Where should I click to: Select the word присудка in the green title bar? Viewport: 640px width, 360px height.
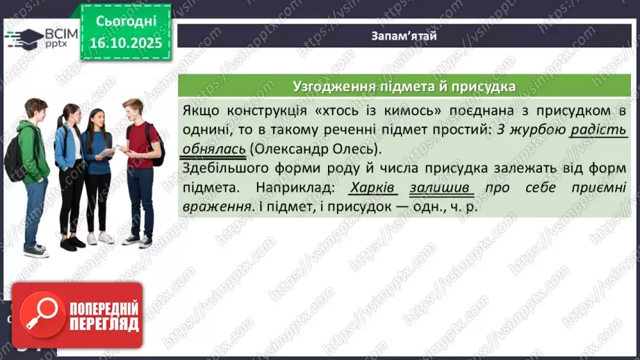[x=484, y=87]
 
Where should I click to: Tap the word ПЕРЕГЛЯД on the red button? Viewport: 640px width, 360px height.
[x=102, y=325]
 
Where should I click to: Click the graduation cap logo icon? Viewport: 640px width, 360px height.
[x=24, y=39]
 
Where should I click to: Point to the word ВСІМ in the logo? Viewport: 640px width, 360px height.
[x=58, y=33]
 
